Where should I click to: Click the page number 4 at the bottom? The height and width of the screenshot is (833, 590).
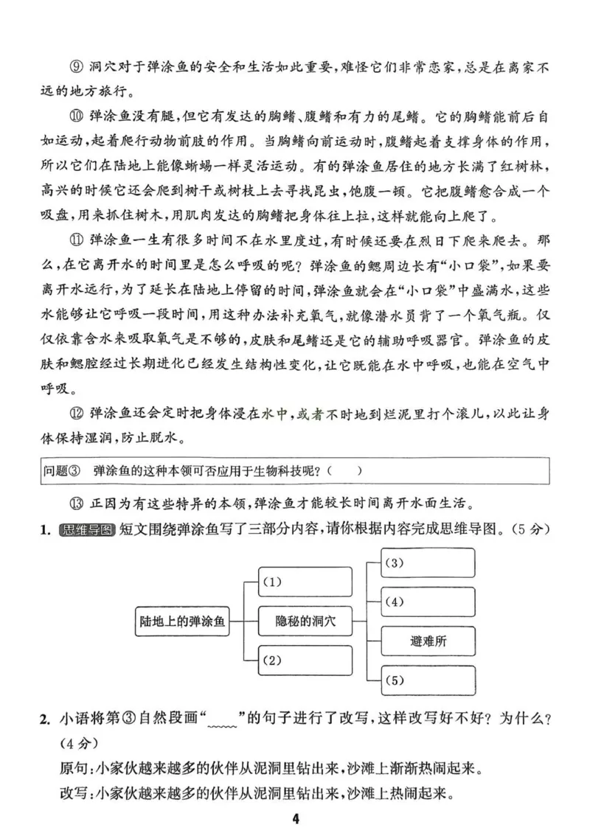click(295, 818)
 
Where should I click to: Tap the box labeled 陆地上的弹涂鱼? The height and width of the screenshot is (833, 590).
click(181, 621)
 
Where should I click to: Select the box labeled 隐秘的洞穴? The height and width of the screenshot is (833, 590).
click(305, 621)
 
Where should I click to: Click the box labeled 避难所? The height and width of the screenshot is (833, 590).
click(428, 641)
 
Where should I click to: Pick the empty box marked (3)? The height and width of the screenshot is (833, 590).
click(428, 563)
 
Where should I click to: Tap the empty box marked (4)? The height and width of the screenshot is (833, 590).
click(428, 602)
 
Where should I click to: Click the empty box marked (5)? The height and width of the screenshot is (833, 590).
click(428, 680)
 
